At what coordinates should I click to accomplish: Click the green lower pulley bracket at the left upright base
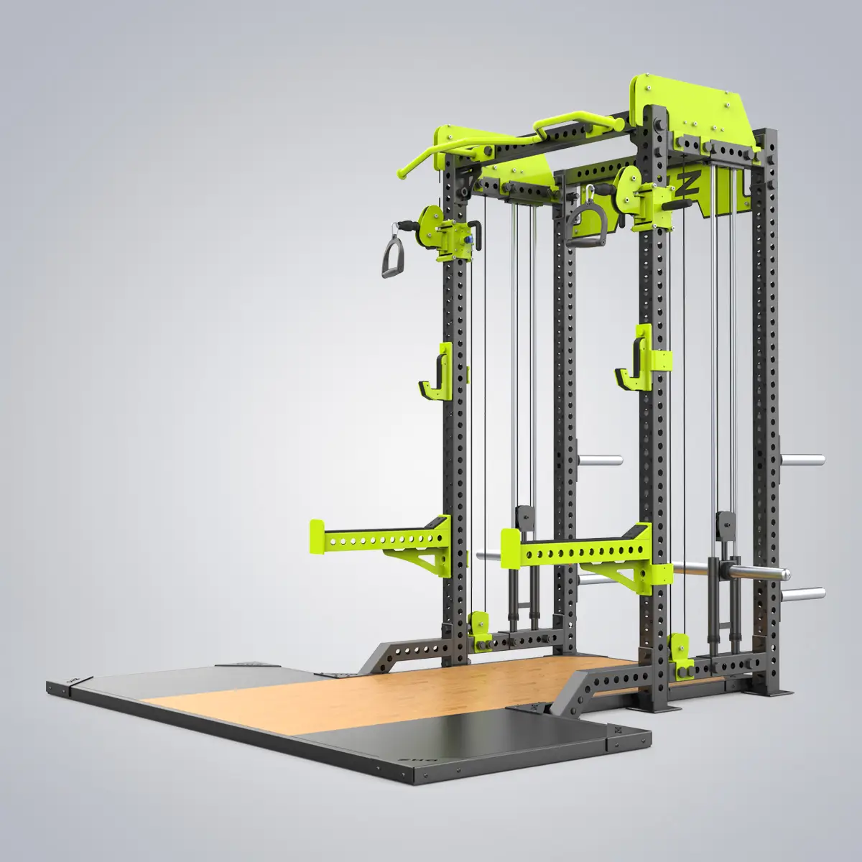click(x=477, y=625)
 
